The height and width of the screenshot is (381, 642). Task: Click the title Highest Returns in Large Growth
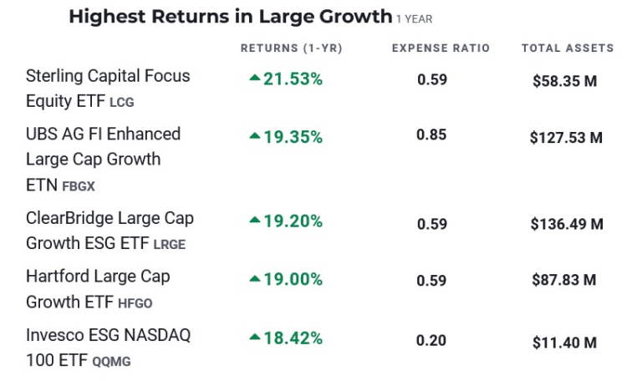pos(230,17)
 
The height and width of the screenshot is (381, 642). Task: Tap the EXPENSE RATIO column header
pos(441,48)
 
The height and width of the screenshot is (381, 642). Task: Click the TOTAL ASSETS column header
pos(568,48)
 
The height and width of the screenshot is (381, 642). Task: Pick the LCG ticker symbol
pos(122,103)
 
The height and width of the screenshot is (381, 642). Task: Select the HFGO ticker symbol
pos(135,303)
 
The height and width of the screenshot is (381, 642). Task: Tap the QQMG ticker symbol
pos(111,362)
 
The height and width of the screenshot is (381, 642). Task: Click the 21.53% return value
pos(293,79)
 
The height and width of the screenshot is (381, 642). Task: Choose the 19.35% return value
pos(293,137)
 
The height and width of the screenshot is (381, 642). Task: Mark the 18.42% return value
pos(293,338)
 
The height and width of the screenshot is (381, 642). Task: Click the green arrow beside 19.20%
pos(255,221)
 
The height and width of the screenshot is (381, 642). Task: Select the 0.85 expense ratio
pos(432,135)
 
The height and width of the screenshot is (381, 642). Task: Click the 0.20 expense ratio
pos(432,340)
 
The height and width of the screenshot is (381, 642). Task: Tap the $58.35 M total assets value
pos(564,81)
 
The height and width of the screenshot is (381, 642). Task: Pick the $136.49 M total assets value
pos(566,224)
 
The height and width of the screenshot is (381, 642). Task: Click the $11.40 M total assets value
pos(564,342)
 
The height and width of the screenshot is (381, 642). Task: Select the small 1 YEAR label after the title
pos(415,19)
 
